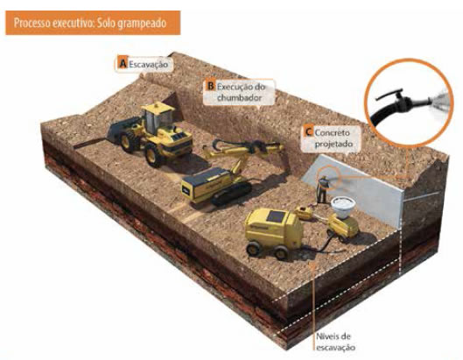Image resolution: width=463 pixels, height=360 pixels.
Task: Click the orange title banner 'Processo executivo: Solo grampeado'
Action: pyautogui.click(x=93, y=23)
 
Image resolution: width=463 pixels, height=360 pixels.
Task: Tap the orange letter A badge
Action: pyautogui.click(x=123, y=64)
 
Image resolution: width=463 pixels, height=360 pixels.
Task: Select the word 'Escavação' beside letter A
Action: pyautogui.click(x=149, y=64)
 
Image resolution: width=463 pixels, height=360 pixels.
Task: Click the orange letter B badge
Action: pyautogui.click(x=211, y=86)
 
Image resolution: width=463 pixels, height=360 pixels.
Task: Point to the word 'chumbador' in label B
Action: pyautogui.click(x=239, y=97)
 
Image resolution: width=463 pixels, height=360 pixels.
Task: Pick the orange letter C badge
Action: pyautogui.click(x=309, y=131)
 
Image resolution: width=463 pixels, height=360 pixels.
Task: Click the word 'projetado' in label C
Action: pyautogui.click(x=333, y=144)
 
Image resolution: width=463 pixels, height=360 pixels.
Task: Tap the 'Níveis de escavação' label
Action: pyautogui.click(x=335, y=342)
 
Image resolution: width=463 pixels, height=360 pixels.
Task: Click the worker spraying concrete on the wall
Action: pyautogui.click(x=323, y=189)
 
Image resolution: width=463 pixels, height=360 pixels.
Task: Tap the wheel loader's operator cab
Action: pyautogui.click(x=158, y=117)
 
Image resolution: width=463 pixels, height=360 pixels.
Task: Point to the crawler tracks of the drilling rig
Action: pyautogui.click(x=231, y=194)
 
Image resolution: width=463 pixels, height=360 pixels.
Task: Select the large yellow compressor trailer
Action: pyautogui.click(x=273, y=232)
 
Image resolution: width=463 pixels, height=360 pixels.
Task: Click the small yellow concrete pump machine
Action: pyautogui.click(x=342, y=226)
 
